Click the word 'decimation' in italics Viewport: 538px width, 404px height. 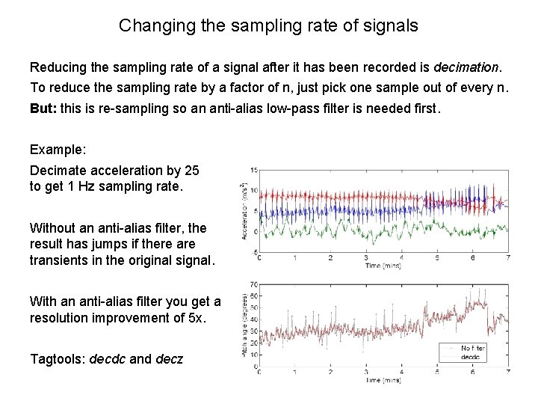[x=466, y=67]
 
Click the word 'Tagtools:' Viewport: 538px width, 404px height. [x=58, y=358]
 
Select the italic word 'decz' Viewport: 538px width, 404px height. [x=170, y=358]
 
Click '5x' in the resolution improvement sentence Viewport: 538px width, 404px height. [x=191, y=319]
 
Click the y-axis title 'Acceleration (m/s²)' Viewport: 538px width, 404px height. [x=244, y=210]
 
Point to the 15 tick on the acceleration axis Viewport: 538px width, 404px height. [x=254, y=170]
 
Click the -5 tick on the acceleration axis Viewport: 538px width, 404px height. [x=255, y=251]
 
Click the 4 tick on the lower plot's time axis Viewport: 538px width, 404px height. [x=401, y=372]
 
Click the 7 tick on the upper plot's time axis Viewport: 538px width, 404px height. [x=507, y=258]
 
